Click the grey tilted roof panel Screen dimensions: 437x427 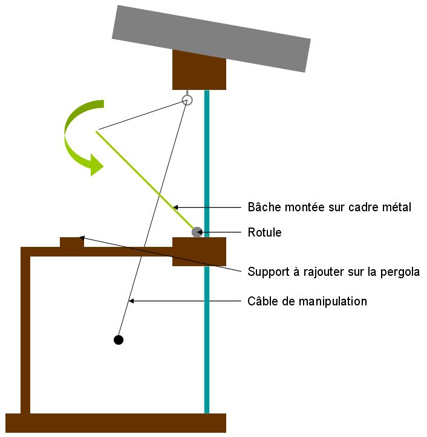[x=212, y=38]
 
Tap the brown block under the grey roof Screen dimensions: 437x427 [x=199, y=70]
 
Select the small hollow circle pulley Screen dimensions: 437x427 [x=187, y=100]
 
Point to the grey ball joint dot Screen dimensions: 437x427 [x=197, y=232]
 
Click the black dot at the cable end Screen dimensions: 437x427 [x=119, y=340]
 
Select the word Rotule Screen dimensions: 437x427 [x=264, y=232]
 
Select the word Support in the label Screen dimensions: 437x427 [x=268, y=272]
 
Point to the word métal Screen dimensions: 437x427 [x=396, y=207]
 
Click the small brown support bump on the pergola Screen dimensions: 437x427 [x=72, y=242]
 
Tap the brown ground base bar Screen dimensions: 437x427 [x=115, y=423]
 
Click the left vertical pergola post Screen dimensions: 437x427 [x=25, y=332]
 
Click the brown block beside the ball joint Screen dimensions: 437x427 [x=199, y=252]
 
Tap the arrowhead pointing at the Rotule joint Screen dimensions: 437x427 [x=204, y=232]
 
